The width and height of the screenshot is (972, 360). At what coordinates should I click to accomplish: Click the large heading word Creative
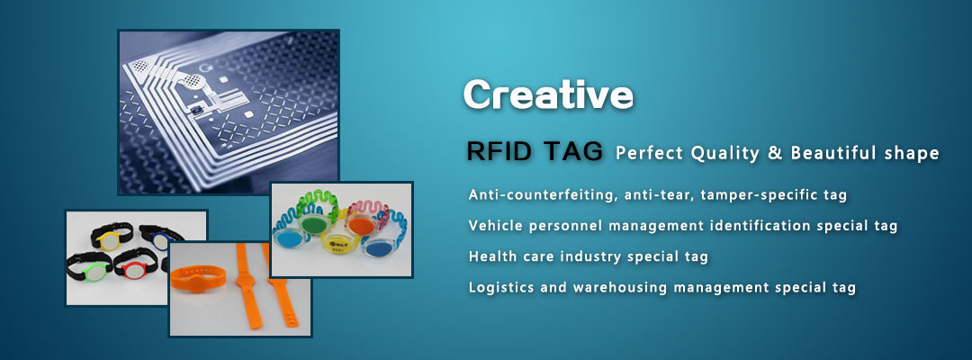548,94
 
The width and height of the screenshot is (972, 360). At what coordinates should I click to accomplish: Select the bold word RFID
502,151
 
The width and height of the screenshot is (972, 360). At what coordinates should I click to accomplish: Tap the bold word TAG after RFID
574,151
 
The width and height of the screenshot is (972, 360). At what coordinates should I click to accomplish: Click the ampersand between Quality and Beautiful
775,153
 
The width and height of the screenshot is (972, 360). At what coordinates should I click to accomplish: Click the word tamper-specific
755,194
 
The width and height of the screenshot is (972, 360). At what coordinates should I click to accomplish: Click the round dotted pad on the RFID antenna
194,81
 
